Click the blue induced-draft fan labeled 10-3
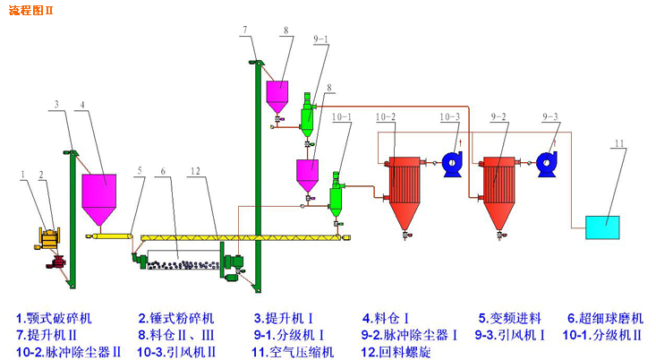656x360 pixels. click(x=451, y=162)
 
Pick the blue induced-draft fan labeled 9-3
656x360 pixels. click(x=548, y=162)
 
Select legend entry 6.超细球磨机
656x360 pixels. click(x=606, y=318)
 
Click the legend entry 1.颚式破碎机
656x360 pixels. click(x=55, y=318)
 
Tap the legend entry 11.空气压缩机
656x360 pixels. click(x=293, y=352)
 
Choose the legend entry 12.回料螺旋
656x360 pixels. click(x=399, y=352)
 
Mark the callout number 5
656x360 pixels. click(x=139, y=169)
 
